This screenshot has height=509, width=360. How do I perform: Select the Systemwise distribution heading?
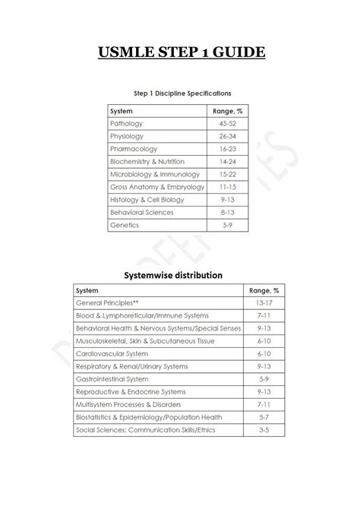(180, 274)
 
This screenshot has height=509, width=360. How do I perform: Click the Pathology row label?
(126, 122)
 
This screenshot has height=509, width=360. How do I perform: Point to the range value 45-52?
(227, 122)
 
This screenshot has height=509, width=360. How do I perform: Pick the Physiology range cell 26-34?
(227, 135)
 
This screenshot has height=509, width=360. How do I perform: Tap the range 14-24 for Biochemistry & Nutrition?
(227, 161)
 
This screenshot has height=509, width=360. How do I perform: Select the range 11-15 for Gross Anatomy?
(227, 187)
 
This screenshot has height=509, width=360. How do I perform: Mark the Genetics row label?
(125, 225)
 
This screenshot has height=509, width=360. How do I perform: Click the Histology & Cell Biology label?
(147, 200)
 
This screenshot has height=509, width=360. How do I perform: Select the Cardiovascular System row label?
(112, 353)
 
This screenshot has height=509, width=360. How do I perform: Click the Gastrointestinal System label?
(112, 379)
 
